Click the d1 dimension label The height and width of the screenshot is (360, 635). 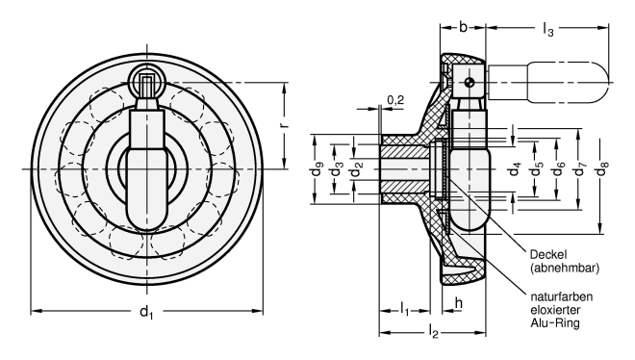point(146,313)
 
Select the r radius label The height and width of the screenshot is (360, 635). point(284,125)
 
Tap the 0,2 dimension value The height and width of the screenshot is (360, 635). point(395,99)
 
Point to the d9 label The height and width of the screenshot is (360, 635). point(317,169)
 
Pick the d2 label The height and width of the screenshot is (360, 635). point(357,169)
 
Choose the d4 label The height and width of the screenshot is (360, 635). point(515,168)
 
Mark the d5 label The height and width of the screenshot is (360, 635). point(537,168)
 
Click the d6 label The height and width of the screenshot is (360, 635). point(559,168)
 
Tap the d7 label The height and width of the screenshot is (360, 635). point(581,168)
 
